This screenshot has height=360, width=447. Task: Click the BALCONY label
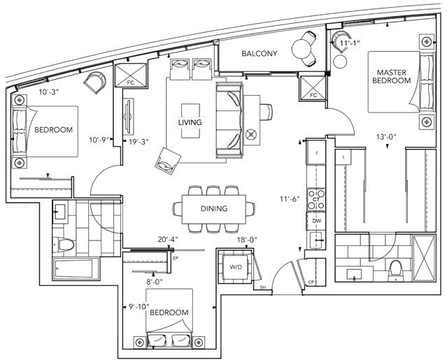pos(259,54)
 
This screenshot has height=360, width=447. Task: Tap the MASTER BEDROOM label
pos(392,76)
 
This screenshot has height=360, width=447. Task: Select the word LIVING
pos(190,122)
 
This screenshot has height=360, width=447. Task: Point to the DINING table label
pos(214,208)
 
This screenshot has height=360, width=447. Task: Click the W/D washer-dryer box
pos(236,267)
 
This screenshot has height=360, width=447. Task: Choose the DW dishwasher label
pos(316,221)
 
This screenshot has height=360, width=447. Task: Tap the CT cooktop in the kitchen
pos(316,199)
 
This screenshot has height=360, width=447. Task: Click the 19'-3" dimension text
pos(139,141)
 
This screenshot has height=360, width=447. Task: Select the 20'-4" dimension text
pos(168,240)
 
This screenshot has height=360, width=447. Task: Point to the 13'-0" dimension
pos(387,137)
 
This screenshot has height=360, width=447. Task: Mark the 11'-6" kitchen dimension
pos(290,199)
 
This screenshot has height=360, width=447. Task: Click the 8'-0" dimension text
pos(155,282)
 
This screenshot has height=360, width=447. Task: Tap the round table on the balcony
pos(301,49)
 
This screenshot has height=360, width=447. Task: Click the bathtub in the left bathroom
pos(76,269)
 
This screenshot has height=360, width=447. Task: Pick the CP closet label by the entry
pos(311,282)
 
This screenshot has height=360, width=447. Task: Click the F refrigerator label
pos(317,153)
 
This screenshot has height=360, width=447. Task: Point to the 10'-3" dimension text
pos(50,92)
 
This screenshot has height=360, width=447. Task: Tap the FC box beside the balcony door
pos(313,86)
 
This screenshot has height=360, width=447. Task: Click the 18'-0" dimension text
pos(247,240)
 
